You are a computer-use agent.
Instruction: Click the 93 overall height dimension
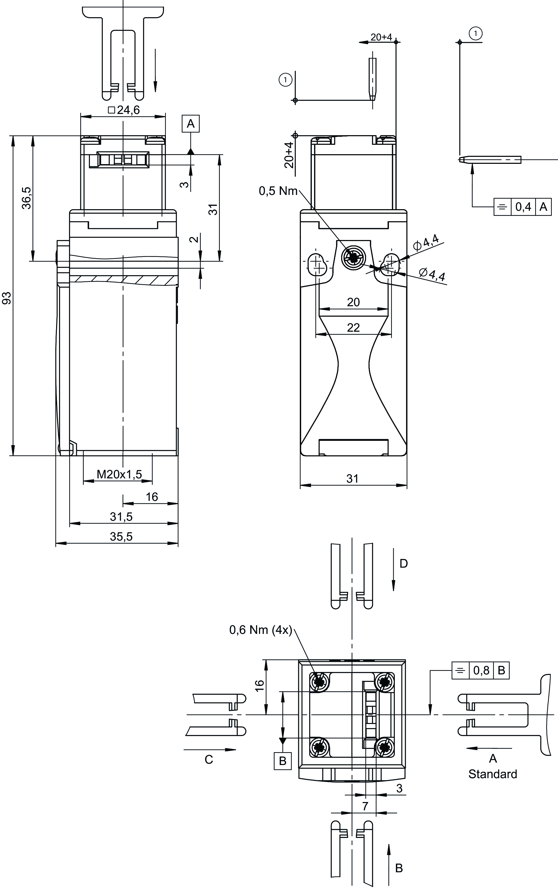[7, 298]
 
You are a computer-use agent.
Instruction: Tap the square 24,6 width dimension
[124, 110]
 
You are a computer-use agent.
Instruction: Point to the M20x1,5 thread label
[119, 474]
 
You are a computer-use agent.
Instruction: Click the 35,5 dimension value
[121, 537]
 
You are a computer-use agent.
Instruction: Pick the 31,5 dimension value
[121, 517]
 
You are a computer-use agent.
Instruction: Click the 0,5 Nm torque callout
[278, 191]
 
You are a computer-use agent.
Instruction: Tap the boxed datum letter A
[191, 124]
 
